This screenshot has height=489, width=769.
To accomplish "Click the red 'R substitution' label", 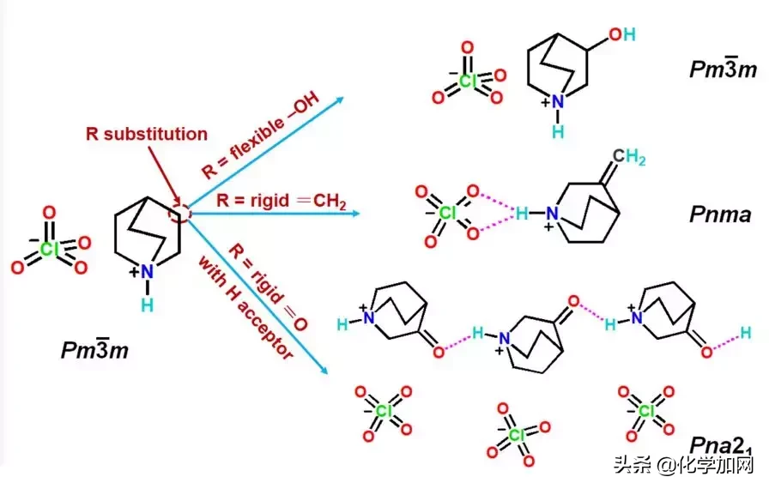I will (146, 134).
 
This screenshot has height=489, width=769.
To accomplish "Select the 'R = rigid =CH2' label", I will (282, 201).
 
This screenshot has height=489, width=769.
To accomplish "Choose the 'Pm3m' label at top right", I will (724, 69).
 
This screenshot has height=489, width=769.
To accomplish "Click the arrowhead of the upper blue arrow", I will (339, 99).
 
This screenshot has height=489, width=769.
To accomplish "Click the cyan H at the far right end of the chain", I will (746, 333).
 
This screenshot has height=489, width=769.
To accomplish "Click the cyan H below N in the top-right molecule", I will (558, 132).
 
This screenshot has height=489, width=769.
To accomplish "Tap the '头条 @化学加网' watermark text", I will (683, 466).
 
